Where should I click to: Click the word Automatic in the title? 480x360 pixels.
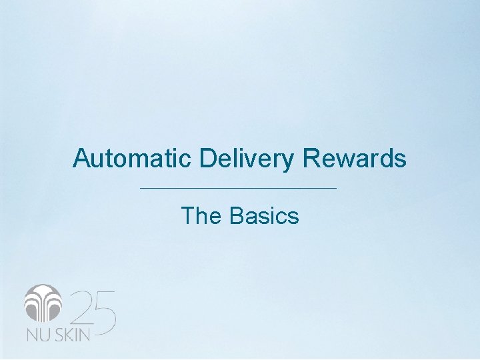click(x=133, y=159)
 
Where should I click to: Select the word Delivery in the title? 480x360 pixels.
click(x=246, y=159)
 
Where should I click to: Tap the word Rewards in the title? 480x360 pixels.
click(x=353, y=159)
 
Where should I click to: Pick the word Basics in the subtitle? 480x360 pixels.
click(x=264, y=216)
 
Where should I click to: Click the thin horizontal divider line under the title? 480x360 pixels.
click(x=239, y=189)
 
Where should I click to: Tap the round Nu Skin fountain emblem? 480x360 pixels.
click(x=43, y=304)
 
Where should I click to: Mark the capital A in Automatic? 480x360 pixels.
click(x=81, y=159)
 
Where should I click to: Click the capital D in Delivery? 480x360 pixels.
click(x=206, y=159)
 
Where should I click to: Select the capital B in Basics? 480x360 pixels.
click(x=237, y=216)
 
